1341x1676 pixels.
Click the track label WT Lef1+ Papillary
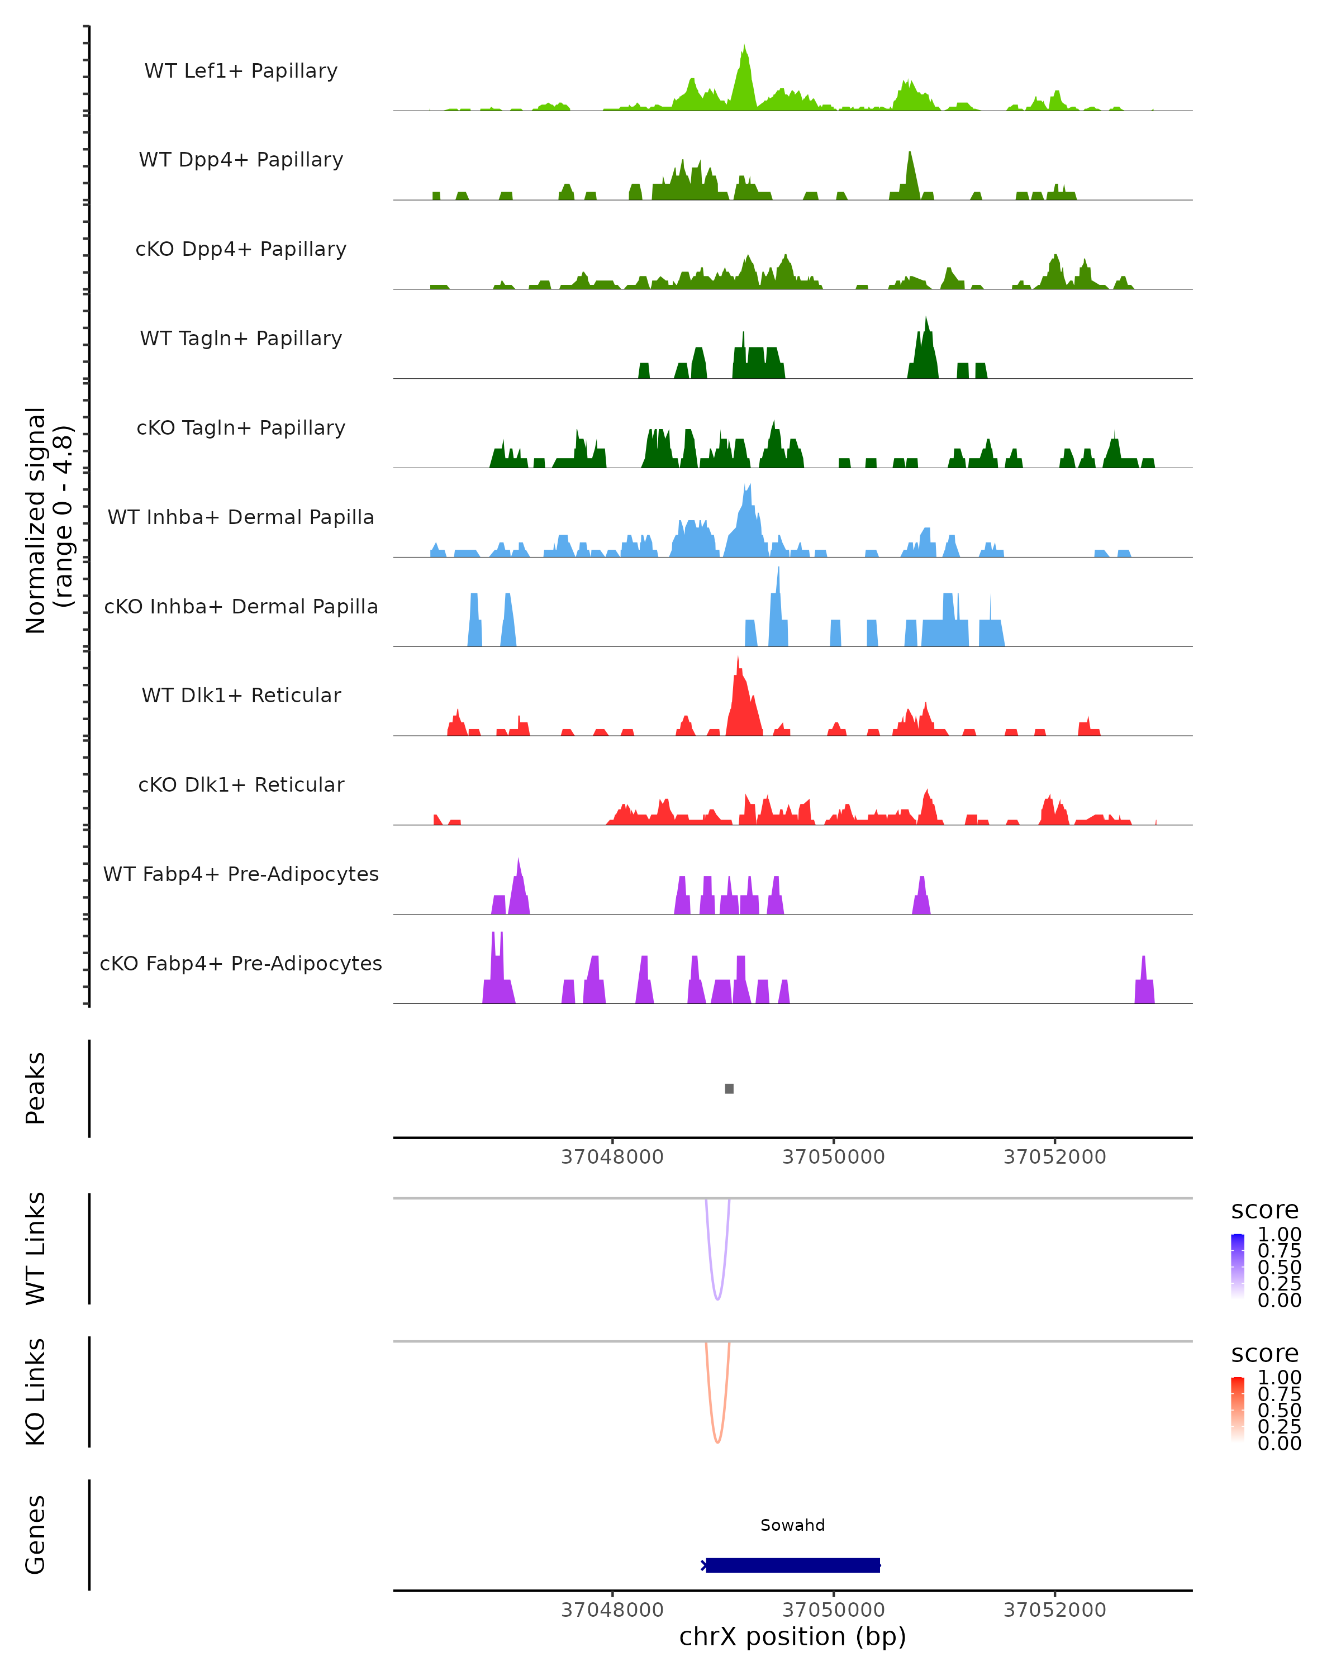click(241, 71)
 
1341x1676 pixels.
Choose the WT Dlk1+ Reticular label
click(241, 695)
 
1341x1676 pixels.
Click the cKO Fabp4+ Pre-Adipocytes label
click(241, 963)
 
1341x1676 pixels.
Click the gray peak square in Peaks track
click(729, 1088)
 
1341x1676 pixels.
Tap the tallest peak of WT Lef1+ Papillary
click(744, 48)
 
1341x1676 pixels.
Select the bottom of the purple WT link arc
click(717, 1298)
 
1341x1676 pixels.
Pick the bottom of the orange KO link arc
click(717, 1441)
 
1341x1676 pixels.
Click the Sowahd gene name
click(792, 1525)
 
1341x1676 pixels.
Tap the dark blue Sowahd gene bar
click(792, 1565)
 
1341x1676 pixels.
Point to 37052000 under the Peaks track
click(1054, 1157)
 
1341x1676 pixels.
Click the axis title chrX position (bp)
click(792, 1637)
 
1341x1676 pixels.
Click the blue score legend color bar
click(1238, 1266)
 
